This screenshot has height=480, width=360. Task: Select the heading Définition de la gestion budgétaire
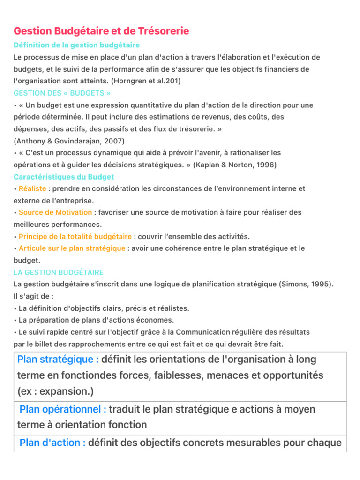tap(76, 45)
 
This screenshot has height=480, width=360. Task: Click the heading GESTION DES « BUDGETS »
tap(62, 93)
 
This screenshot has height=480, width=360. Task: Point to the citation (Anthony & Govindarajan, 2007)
tap(69, 141)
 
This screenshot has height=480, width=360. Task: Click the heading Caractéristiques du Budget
tap(64, 177)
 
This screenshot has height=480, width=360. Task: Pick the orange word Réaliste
tap(32, 188)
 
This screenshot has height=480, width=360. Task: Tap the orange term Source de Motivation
tap(55, 212)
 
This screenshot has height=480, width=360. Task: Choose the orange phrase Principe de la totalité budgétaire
tap(75, 236)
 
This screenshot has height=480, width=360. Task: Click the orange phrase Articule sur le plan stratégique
tap(72, 248)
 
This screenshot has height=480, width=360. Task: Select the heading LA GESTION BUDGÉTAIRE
tap(59, 272)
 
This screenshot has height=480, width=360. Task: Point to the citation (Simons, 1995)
tap(307, 284)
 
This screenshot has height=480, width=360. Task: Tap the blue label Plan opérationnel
tap(63, 409)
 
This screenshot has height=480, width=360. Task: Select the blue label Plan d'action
tap(52, 442)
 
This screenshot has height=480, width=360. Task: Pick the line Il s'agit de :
tap(34, 296)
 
